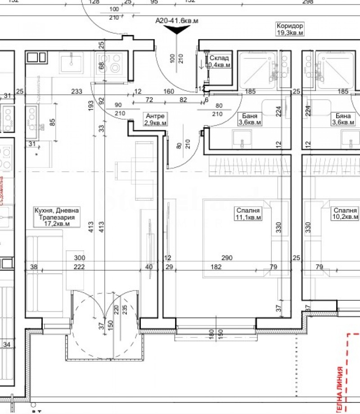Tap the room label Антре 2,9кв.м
click(x=155, y=119)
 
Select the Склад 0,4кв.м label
click(x=219, y=62)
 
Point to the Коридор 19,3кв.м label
click(x=290, y=29)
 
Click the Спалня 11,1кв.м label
click(x=248, y=214)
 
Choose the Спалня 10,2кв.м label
click(x=345, y=214)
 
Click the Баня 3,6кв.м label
click(x=249, y=119)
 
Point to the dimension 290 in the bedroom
click(x=227, y=258)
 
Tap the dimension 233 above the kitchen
click(x=77, y=92)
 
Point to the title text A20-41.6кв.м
click(x=177, y=20)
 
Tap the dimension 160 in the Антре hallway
click(x=169, y=92)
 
